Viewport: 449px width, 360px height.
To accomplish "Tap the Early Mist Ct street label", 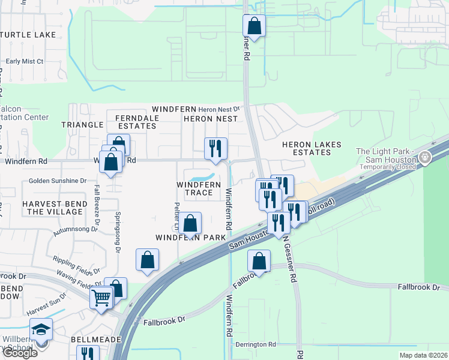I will [25, 61].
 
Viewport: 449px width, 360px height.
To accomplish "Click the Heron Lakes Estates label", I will [311, 148].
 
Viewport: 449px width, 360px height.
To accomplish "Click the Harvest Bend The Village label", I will [52, 208].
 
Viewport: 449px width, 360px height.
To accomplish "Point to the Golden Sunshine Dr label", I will [58, 181].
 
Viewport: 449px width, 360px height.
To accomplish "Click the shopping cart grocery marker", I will [101, 296].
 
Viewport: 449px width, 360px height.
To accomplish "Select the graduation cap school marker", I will [41, 331].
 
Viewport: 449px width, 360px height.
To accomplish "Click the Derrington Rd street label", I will [255, 344].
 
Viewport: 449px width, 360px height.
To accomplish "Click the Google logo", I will [19, 353].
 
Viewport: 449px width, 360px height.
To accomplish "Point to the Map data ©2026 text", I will [423, 355].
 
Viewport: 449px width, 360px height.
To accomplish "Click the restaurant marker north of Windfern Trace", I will [215, 148].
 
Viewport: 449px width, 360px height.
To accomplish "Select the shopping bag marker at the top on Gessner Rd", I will [254, 26].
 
